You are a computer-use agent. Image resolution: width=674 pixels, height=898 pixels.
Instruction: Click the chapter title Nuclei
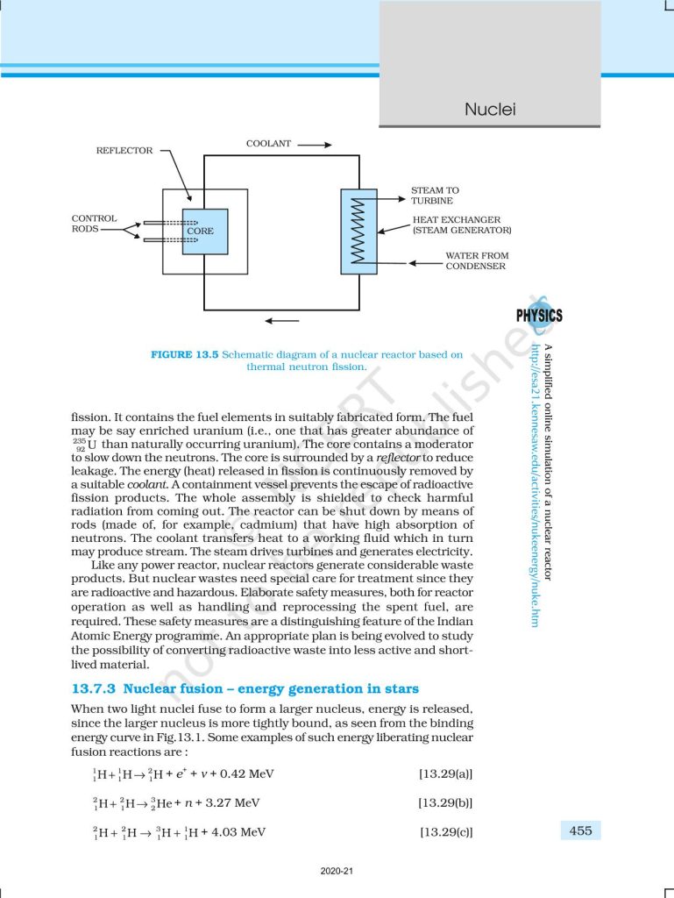(x=489, y=110)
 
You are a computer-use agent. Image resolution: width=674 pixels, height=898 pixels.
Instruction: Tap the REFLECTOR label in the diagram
(x=124, y=151)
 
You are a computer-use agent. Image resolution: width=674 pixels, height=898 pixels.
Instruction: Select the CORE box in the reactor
(x=205, y=232)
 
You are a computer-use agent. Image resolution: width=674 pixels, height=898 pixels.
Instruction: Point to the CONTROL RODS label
(x=94, y=224)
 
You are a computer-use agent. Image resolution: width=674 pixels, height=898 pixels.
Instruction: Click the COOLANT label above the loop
(x=268, y=144)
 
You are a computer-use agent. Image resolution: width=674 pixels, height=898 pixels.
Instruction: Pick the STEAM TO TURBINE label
(x=435, y=196)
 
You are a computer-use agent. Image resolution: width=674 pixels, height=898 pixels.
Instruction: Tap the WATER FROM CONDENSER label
(x=475, y=260)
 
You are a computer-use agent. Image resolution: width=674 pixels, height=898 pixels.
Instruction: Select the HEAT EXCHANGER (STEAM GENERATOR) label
(x=462, y=225)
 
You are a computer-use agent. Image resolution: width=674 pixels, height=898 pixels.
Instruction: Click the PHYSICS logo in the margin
(x=539, y=316)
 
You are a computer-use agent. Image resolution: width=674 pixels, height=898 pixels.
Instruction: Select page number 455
(x=580, y=830)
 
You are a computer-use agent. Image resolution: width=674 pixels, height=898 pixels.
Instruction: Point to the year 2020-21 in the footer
(x=337, y=872)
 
